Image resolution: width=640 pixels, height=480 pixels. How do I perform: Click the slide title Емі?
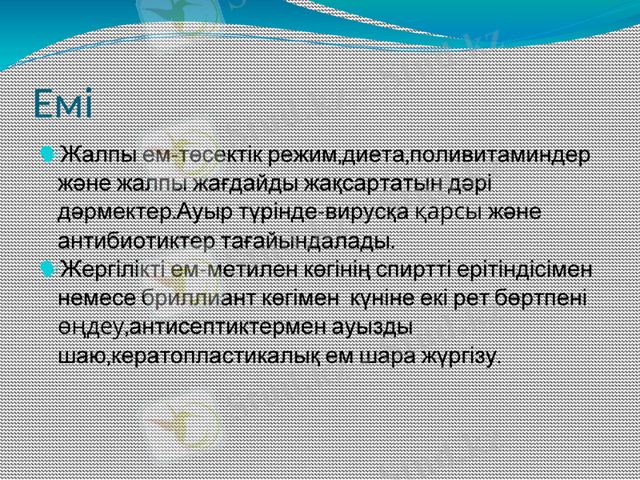63,103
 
